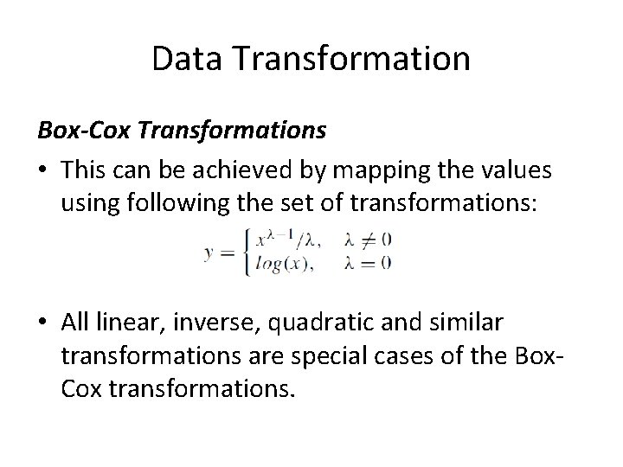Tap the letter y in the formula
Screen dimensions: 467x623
[x=209, y=253]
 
